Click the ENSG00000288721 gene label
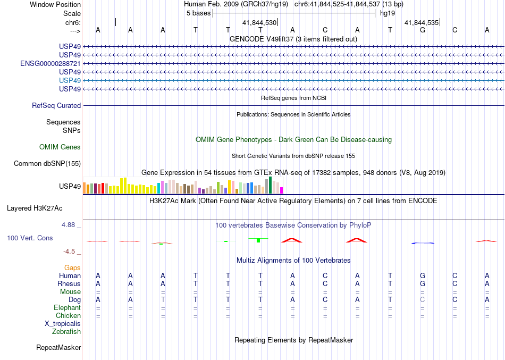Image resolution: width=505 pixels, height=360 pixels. pos(50,63)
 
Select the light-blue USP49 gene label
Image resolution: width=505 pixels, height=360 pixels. pos(70,80)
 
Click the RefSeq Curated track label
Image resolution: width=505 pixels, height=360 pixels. pos(56,106)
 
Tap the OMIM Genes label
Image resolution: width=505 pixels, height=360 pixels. pos(60,147)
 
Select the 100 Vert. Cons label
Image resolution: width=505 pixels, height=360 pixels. pos(30,238)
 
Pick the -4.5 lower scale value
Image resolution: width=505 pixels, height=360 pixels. pos(69,252)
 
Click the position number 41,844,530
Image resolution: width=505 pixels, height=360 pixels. pos(259,23)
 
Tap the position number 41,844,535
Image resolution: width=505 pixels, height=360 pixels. pos(422,23)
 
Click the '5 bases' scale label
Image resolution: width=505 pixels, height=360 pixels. pos(198,13)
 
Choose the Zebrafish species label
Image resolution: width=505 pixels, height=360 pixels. pos(66,332)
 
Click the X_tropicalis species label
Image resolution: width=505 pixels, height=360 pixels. pos(63,323)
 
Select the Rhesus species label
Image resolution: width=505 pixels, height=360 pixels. pos(69,284)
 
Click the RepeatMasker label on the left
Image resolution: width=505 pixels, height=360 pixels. pos(58,348)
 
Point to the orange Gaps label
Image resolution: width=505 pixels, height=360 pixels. pos(72,268)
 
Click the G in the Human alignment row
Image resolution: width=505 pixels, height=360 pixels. pos(423,275)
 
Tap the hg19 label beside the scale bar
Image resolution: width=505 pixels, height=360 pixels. pos(386,13)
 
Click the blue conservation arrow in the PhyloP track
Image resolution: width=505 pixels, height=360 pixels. pos(424,243)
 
